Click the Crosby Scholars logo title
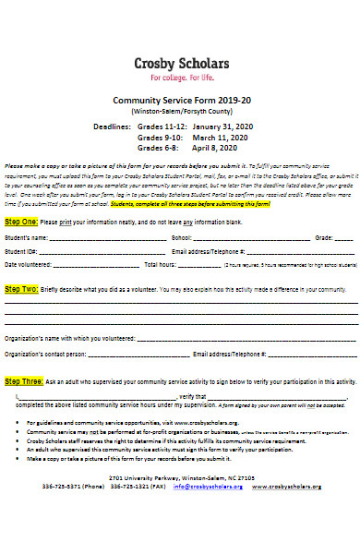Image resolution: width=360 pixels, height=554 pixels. (x=180, y=63)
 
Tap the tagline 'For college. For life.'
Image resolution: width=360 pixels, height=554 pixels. (x=180, y=78)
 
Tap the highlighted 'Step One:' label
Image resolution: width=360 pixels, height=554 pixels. (x=21, y=223)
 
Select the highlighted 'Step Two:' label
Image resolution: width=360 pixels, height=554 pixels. (x=21, y=289)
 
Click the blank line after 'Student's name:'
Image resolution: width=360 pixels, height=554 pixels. (x=106, y=238)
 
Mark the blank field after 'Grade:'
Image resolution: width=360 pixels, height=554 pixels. (x=344, y=238)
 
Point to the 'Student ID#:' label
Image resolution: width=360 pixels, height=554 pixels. (x=21, y=251)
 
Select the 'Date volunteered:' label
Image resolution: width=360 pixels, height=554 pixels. (x=29, y=264)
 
